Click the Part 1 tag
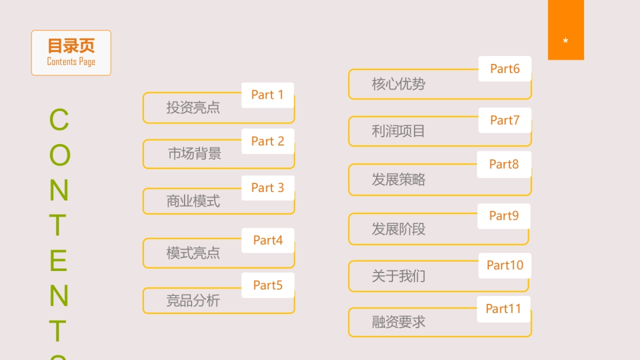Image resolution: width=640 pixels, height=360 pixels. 267,95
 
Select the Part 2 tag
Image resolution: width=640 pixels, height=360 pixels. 268,141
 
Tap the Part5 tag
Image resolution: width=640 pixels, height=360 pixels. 268,285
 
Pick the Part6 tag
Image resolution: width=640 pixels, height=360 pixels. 505,69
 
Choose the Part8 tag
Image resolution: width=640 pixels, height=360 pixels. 504,164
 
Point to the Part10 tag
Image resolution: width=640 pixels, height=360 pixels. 505,265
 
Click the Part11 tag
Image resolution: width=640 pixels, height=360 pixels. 503,309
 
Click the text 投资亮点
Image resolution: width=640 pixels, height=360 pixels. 193,108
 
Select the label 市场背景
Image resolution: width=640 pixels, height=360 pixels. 194,154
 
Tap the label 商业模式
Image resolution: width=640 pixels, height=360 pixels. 193,202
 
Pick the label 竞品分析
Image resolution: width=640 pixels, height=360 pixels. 193,301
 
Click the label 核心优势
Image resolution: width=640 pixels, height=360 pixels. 398,84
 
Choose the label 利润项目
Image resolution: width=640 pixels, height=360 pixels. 398,131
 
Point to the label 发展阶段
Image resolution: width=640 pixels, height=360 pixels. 398,229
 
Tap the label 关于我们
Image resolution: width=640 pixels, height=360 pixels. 398,276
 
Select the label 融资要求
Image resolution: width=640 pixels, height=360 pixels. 398,322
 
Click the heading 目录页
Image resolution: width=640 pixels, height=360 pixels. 71,46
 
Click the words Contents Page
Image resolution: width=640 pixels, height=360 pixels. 71,62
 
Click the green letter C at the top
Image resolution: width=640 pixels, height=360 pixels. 59,120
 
